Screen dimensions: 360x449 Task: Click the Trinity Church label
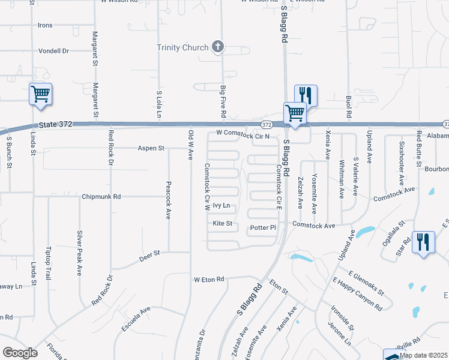pos(182,47)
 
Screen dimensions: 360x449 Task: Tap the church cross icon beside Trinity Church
pos(217,47)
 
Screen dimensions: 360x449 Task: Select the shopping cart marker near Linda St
pos(40,94)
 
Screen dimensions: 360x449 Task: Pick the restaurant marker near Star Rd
pos(424,242)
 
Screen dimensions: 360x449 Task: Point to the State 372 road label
pos(55,124)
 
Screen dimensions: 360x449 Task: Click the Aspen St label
pos(151,148)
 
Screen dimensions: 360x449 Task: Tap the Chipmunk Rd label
pos(101,196)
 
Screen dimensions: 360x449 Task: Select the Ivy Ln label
pos(221,205)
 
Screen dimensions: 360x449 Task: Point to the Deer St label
pos(149,254)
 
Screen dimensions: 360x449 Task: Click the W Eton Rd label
pos(208,280)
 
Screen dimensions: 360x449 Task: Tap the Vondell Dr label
pos(54,51)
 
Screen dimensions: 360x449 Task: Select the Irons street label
pos(45,25)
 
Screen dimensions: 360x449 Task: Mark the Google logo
pos(19,353)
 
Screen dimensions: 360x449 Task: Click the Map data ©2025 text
pos(424,355)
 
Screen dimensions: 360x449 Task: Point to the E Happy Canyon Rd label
pos(357,293)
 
